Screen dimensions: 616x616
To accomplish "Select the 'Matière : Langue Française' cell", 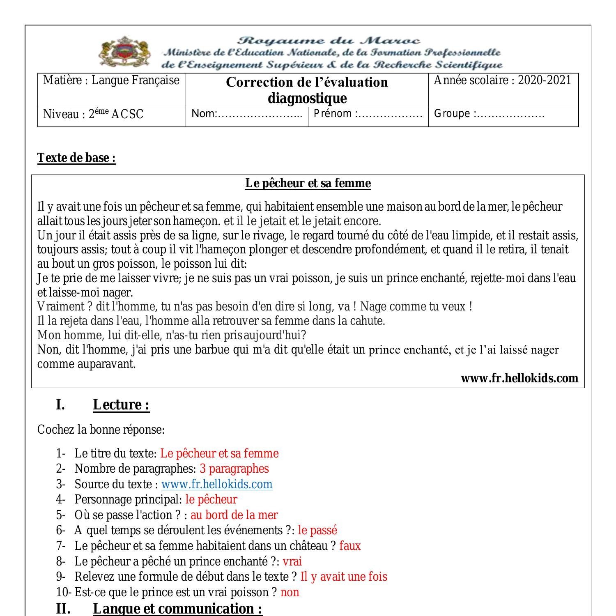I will point(111,80).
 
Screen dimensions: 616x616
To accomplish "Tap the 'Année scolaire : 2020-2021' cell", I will point(502,80).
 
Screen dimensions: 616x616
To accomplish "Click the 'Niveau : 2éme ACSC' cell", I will point(93,114).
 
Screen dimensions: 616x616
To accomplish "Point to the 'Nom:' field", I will point(247,114).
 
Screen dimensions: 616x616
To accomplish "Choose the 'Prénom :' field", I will point(368,114).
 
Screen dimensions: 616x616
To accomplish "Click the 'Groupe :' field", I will point(489,114).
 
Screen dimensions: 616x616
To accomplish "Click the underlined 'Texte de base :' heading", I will point(77,158).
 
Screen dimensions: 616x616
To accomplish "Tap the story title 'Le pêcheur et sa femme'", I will point(308,183).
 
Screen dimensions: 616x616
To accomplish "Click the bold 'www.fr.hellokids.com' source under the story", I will point(519,378).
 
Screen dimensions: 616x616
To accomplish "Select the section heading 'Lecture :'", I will point(121,405).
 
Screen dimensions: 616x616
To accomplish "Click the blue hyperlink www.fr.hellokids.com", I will point(216,484).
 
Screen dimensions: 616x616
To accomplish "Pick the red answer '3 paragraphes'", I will point(234,469).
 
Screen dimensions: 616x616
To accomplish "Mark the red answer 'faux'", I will point(350,546).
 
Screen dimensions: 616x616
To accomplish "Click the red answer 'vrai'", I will point(292,561).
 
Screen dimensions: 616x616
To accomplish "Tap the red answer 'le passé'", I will point(317,530).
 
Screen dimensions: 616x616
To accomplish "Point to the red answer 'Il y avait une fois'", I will point(344,577).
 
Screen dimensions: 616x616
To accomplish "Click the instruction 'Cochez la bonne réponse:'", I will point(101,430).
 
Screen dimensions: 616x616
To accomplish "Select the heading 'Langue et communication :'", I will point(177,608).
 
